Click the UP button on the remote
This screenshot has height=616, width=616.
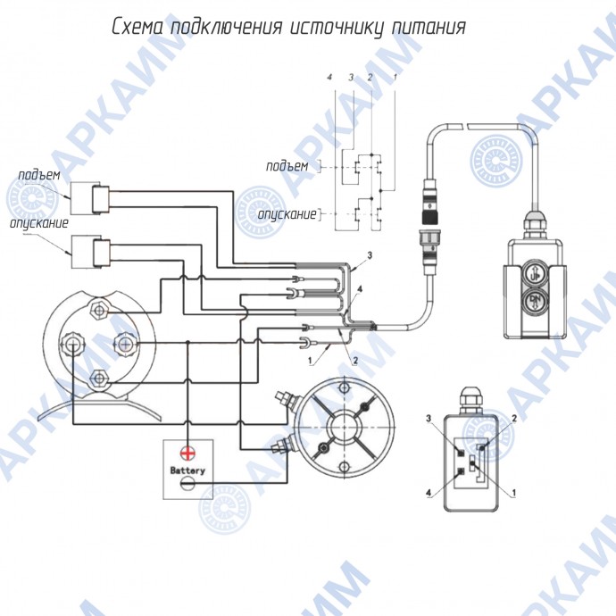[535, 275]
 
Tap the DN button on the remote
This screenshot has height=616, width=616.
[535, 301]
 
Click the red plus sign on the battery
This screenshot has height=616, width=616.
[187, 454]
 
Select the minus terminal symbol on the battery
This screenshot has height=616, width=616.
[187, 483]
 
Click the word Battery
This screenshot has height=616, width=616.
[187, 470]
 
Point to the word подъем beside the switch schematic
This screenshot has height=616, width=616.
[287, 167]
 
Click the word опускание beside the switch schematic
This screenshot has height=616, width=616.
[287, 214]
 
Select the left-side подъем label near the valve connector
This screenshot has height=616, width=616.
[39, 175]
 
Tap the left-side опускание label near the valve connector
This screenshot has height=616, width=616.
[39, 223]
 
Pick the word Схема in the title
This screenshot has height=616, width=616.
[137, 27]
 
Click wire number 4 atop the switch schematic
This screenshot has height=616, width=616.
[329, 77]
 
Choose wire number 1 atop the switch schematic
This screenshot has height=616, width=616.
[395, 77]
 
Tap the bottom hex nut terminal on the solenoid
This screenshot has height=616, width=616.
[98, 379]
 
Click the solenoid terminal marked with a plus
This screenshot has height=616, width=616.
[125, 345]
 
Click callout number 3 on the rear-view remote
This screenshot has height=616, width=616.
[429, 419]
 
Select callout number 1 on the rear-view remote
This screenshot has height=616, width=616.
[514, 492]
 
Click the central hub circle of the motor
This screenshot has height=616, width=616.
[344, 428]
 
